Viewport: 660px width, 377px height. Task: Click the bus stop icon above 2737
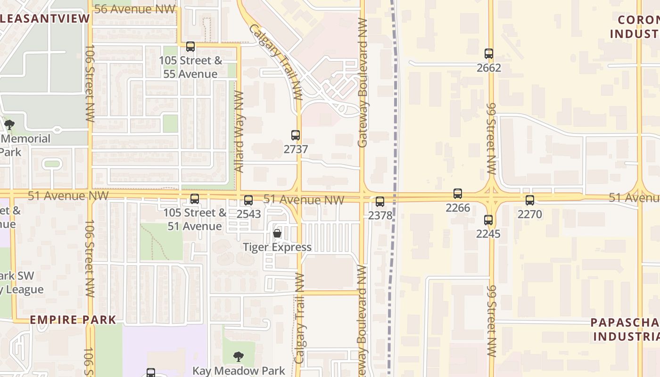coord(296,136)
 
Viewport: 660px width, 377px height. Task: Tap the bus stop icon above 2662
coord(489,54)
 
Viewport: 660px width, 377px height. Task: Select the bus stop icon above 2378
coord(380,202)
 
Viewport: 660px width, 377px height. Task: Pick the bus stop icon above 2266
coord(458,194)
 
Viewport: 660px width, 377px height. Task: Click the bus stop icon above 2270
coord(530,200)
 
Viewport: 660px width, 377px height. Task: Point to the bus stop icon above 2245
coord(488,220)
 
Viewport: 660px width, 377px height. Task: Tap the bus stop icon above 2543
coord(248,200)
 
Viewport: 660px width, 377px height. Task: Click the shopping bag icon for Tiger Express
coord(277,233)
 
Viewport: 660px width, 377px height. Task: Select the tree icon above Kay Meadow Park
coord(239,357)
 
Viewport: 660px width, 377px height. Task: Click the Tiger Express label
coord(277,247)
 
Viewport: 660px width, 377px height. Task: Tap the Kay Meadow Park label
coord(239,370)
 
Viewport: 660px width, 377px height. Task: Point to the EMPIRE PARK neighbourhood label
coord(73,320)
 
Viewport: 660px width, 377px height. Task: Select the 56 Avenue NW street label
coord(135,9)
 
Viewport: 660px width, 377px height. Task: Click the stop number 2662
coord(489,67)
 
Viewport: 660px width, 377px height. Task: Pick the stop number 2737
coord(296,149)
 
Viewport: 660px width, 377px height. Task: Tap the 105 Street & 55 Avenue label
coord(190,67)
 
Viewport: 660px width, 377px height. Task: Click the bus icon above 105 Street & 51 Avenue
coord(195,199)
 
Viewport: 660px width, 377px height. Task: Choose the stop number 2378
coord(380,215)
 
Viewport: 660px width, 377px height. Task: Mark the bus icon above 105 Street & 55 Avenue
coord(190,47)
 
